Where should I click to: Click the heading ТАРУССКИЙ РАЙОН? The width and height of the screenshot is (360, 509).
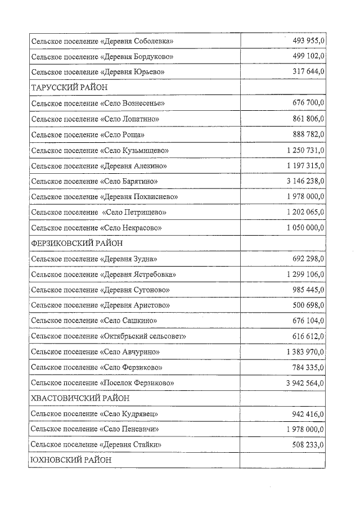69,88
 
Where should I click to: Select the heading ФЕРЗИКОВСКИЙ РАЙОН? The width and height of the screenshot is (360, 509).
76,244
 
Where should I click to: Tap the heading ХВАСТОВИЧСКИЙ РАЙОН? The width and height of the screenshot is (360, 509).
80,398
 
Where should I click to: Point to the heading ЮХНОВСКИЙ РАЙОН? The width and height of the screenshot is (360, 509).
71,460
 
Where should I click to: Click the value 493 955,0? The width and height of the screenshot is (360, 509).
309,41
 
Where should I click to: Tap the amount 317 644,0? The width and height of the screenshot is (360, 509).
309,72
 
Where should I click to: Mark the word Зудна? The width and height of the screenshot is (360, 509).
144,259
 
